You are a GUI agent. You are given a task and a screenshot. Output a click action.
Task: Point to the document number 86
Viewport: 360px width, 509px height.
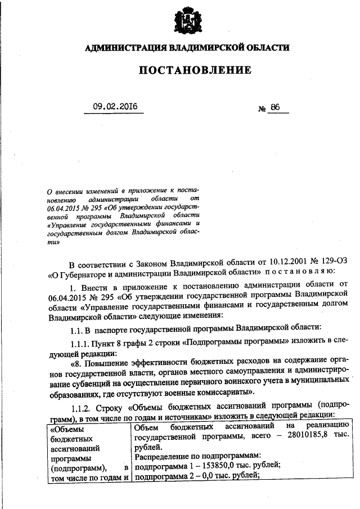click(x=275, y=107)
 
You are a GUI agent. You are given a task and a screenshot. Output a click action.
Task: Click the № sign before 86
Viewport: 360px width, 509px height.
click(x=261, y=108)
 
